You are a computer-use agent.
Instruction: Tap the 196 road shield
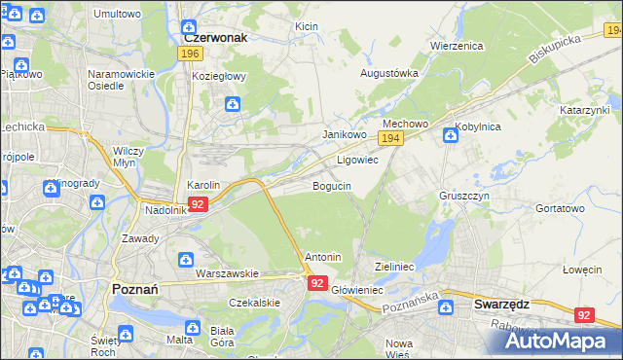tap(191, 54)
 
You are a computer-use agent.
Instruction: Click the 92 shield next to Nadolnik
tap(198, 204)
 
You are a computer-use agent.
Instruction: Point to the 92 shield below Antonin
tap(317, 282)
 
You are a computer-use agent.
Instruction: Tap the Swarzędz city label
tap(501, 304)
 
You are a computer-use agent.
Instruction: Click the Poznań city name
tap(142, 290)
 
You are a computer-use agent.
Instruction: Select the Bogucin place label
tap(332, 185)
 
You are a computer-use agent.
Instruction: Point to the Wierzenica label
tap(457, 46)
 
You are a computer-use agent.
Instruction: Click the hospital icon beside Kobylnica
tap(450, 134)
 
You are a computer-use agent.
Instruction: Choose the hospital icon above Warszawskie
tap(186, 259)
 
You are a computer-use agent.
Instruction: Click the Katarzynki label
tap(584, 111)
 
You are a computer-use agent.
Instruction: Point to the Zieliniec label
tap(395, 266)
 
